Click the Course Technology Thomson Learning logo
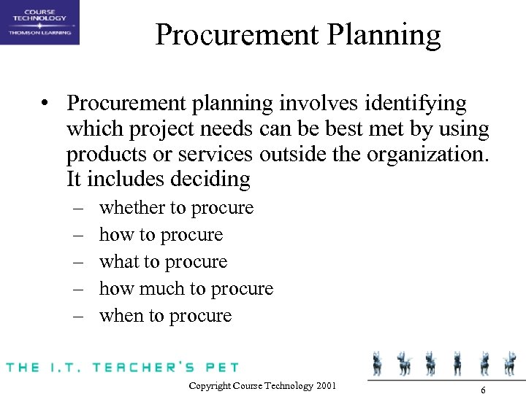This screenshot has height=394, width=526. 39,23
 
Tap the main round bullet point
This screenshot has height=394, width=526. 46,104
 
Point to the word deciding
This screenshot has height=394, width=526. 213,179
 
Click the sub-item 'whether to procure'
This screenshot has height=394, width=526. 176,208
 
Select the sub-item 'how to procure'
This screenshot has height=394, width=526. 161,235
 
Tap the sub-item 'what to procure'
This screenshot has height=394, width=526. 163,262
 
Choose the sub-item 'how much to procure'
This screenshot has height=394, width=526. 186,289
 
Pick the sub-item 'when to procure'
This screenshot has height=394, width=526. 165,316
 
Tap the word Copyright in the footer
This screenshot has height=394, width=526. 208,385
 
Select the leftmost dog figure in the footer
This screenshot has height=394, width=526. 378,362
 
